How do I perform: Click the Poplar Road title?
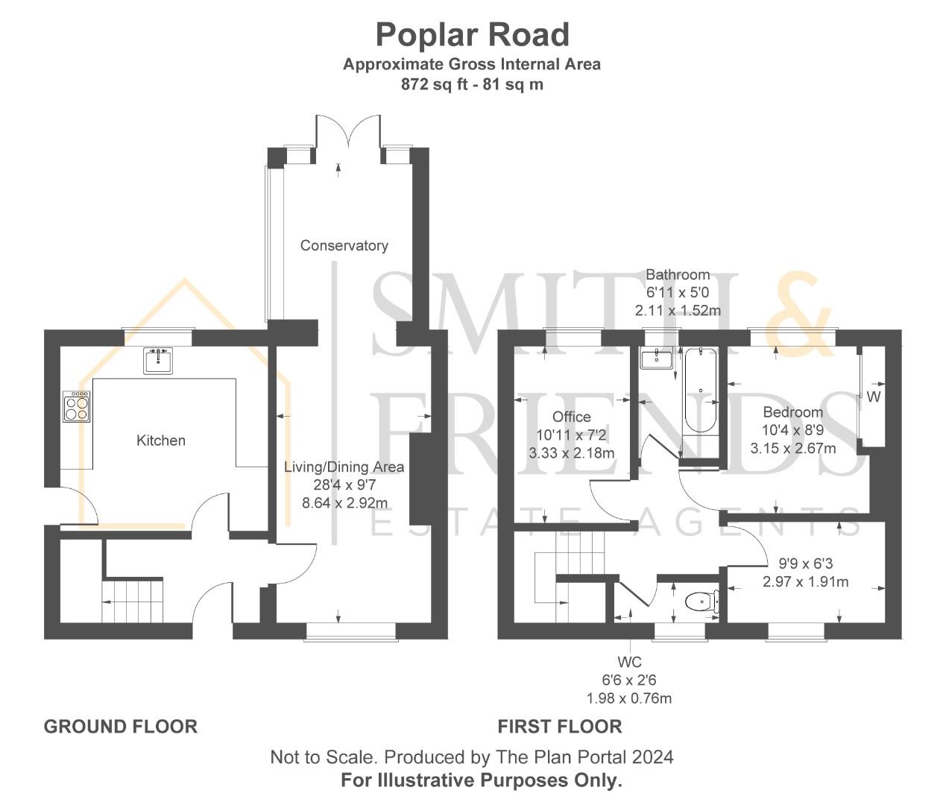coord(473,35)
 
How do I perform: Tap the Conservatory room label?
coord(344,245)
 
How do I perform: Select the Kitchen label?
coord(161,441)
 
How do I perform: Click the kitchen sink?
coord(158,361)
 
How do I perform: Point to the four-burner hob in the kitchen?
coord(77,406)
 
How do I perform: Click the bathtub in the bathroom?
coord(700,390)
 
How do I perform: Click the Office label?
coord(572,417)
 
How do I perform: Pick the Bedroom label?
coord(793,412)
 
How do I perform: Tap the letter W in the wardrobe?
coord(874,397)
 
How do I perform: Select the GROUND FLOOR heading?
coord(121,726)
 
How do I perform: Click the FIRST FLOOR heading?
coord(560,726)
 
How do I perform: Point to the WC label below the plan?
coord(630,662)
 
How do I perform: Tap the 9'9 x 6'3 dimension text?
coord(806,563)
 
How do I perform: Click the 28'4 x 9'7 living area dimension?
coord(344,484)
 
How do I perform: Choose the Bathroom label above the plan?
coord(678,274)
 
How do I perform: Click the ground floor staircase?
coord(132,601)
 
